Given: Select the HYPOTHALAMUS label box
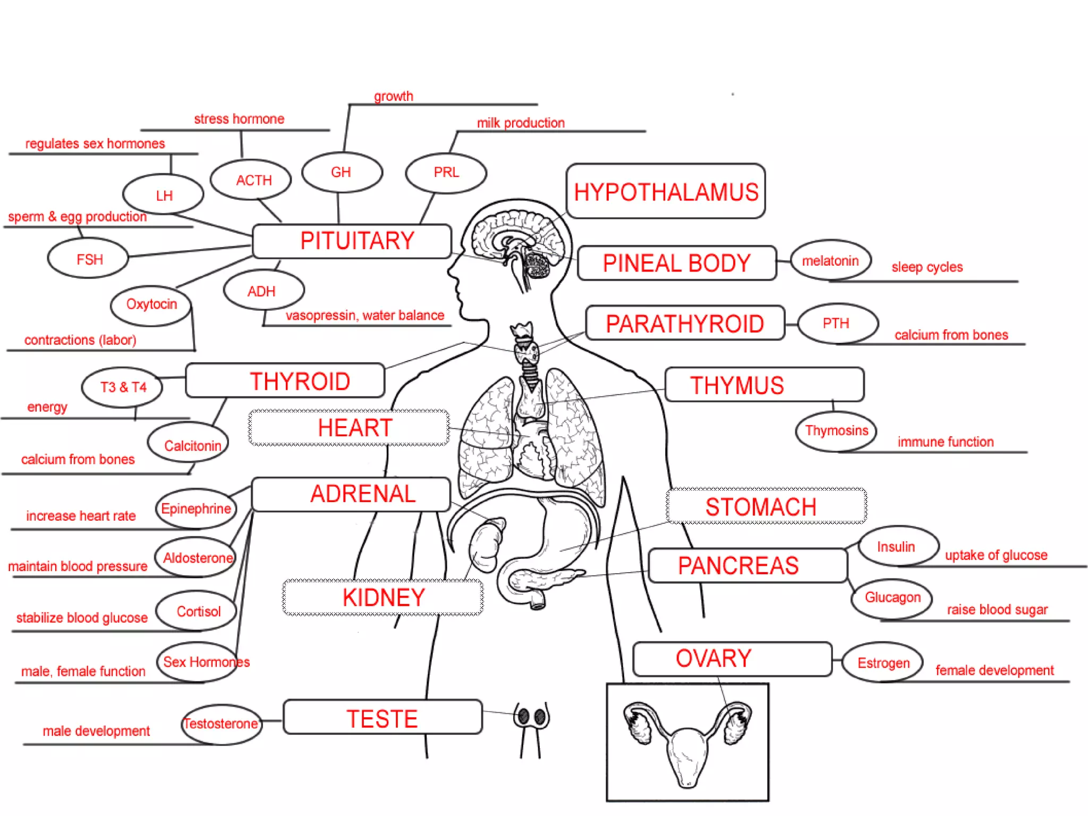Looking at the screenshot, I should pos(666,191).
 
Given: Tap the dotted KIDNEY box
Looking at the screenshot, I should pos(383,598).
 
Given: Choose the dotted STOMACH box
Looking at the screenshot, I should pos(766,506).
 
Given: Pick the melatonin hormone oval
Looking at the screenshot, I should pos(830,260).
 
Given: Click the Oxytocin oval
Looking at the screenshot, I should pos(151,304).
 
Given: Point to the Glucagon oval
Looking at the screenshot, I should pos(892,598).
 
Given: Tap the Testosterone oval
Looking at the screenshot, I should pos(221,724).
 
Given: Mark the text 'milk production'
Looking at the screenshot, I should pos(521,123).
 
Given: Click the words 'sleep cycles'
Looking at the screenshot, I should pos(927,267).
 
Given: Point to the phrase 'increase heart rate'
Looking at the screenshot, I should pos(81,515).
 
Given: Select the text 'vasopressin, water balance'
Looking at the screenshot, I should pos(364,316).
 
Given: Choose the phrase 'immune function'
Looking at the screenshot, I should pos(946,441).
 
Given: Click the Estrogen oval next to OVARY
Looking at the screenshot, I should pos(883,662).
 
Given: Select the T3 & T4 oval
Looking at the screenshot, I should pos(123,387).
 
